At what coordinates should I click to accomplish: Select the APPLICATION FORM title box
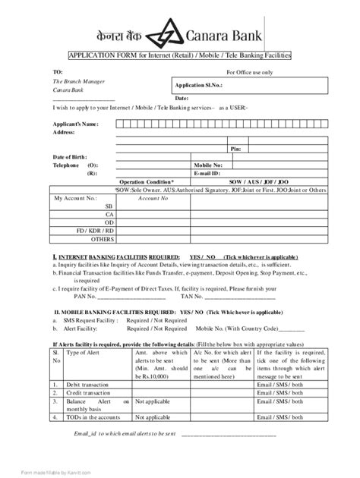click(x=179, y=57)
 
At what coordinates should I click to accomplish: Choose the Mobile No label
click(x=208, y=165)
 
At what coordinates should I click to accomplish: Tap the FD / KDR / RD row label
click(x=99, y=230)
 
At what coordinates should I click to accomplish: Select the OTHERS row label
click(x=102, y=238)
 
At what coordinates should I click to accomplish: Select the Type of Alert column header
click(x=84, y=353)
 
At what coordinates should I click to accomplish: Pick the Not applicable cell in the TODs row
click(x=157, y=417)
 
